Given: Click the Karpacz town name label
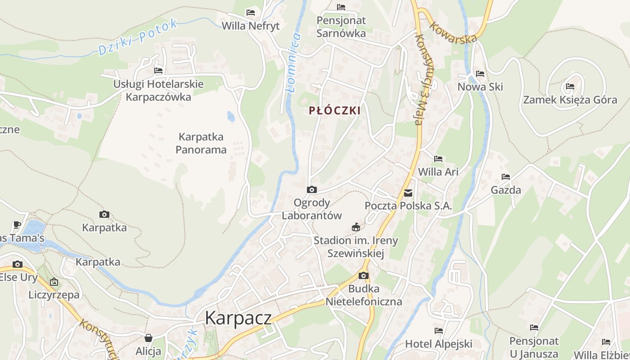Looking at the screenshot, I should click(x=238, y=318).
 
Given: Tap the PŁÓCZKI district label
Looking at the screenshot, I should click(x=335, y=111).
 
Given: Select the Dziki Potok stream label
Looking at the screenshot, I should click(x=138, y=38).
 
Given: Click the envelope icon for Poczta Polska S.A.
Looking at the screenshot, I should click(x=408, y=193).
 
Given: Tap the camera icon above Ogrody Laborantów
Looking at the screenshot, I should click(x=311, y=190).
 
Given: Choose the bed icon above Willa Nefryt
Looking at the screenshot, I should click(x=251, y=13).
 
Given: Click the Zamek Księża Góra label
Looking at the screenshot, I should click(x=570, y=99).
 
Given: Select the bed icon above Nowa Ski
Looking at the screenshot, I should click(x=480, y=74).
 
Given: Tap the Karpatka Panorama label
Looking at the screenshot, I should click(x=201, y=143).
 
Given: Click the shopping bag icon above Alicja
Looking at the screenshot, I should click(x=148, y=337).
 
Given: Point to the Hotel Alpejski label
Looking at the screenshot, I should click(x=439, y=344).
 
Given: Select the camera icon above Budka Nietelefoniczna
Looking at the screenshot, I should click(x=364, y=275).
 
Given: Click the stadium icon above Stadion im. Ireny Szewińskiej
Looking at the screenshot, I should click(x=356, y=227).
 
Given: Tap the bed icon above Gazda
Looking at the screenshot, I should click(x=506, y=177).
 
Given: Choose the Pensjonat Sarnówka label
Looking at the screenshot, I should click(x=341, y=27).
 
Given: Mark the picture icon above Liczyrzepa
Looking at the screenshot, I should click(x=54, y=282).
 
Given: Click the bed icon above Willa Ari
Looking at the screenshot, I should click(x=438, y=159).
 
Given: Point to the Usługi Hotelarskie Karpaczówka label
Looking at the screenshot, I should click(x=158, y=90).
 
